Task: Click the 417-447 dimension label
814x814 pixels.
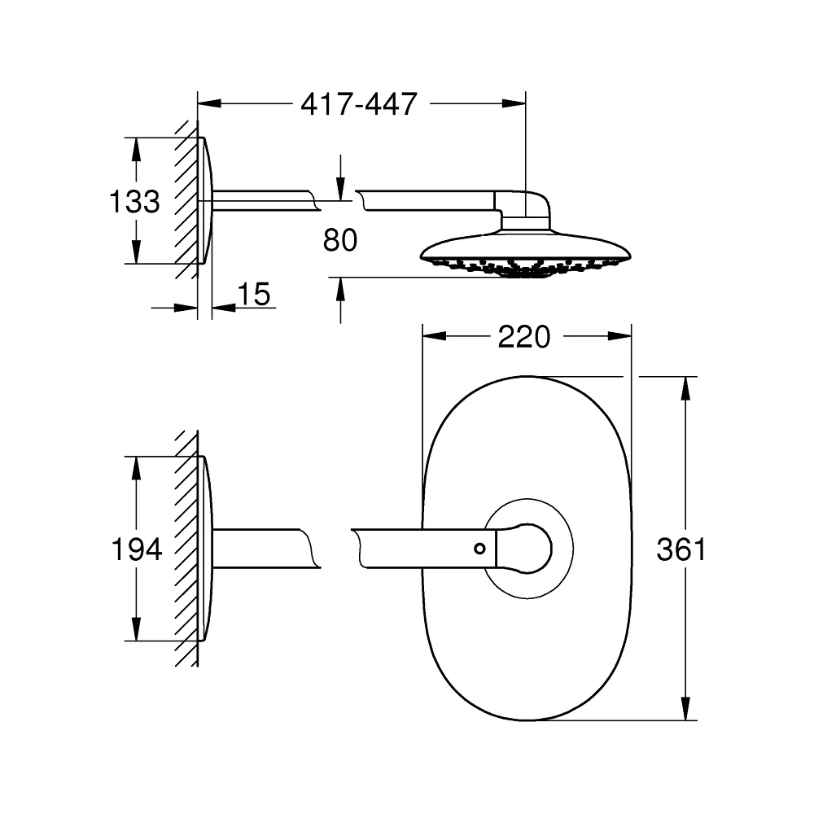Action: tap(359, 104)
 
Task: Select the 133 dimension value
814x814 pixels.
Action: tap(134, 201)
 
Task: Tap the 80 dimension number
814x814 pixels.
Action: tap(340, 240)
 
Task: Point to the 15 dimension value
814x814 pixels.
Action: tap(254, 294)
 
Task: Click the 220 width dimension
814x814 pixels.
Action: tap(523, 337)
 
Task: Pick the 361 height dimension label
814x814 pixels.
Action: tap(681, 549)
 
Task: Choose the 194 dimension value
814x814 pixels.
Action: tap(137, 549)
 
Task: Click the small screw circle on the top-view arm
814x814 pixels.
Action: tap(479, 548)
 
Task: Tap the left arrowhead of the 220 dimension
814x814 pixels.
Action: tap(434, 336)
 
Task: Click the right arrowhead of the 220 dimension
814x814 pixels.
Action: tap(619, 336)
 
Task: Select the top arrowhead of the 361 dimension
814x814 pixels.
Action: tap(685, 387)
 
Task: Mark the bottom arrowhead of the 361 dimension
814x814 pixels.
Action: tap(685, 709)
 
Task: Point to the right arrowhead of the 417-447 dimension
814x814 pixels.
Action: tap(514, 103)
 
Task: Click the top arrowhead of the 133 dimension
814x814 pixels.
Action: tap(136, 150)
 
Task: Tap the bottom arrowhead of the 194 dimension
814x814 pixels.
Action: tap(136, 628)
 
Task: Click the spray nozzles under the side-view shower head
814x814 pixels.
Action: tap(524, 268)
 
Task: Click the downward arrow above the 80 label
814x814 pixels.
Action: tap(340, 177)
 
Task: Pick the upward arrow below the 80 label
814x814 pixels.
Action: tap(340, 300)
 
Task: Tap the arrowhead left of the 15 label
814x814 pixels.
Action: tap(186, 308)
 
